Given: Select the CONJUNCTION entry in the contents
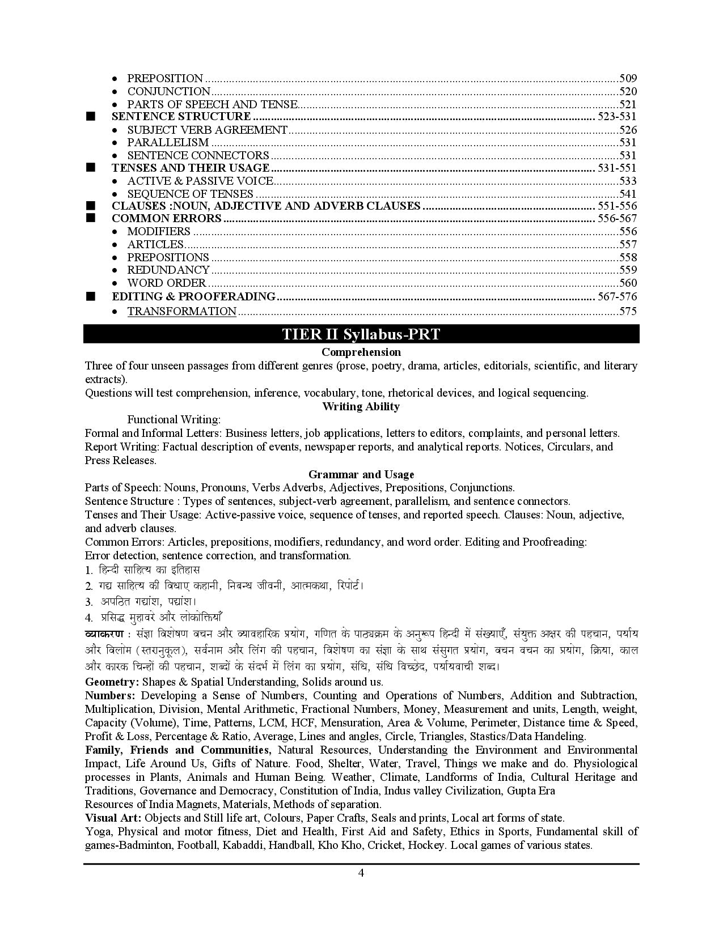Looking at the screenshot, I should (x=168, y=92).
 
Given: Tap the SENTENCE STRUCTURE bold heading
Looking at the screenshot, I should (x=181, y=117).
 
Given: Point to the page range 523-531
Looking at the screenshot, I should (x=616, y=117).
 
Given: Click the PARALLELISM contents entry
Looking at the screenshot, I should (x=168, y=143).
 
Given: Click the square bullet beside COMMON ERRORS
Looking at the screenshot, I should (x=90, y=219).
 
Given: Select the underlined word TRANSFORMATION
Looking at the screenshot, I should (x=181, y=311).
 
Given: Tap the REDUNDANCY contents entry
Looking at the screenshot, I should (x=168, y=270).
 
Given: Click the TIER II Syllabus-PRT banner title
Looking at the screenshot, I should (x=361, y=334).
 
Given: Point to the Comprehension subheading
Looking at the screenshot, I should (x=361, y=352).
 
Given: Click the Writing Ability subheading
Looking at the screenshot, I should (x=361, y=407).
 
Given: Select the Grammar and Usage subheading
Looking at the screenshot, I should (x=361, y=475).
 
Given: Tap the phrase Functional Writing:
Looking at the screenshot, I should (x=174, y=420).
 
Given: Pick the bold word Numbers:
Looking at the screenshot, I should (x=110, y=696).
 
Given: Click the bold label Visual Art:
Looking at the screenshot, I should (x=113, y=818).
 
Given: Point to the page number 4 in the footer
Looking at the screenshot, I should (x=361, y=873).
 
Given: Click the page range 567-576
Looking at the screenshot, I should (x=616, y=297).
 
